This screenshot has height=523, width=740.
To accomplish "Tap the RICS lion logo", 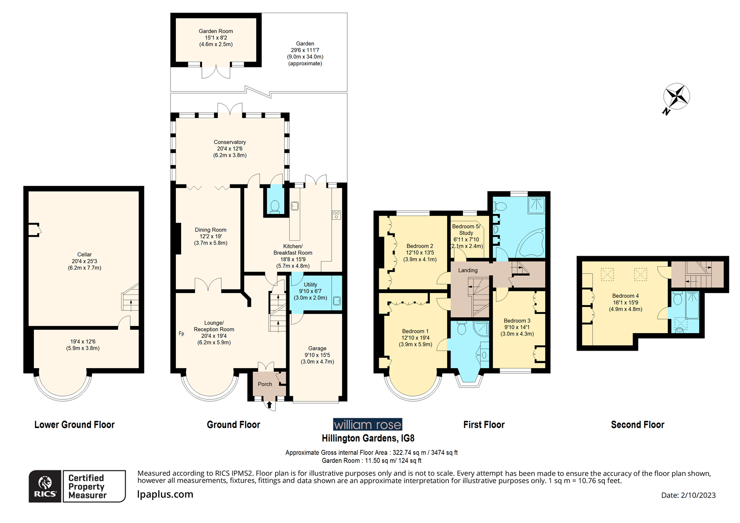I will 45,486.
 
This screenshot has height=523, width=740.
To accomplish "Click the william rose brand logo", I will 368,425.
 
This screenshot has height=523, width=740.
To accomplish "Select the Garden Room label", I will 216,31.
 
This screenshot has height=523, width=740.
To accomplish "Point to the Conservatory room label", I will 230,142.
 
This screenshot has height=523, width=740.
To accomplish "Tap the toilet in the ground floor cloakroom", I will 275,206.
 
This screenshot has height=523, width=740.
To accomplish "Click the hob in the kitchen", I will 336,215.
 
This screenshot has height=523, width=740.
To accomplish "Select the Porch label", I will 265,384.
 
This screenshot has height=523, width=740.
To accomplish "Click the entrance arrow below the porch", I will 269,404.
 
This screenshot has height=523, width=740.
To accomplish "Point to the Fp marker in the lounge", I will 182,334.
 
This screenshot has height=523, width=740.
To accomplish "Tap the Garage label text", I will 317,348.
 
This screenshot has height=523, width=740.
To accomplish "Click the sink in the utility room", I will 337,301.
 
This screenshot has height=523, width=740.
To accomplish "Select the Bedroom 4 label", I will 625,296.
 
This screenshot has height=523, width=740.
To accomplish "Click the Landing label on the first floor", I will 468,270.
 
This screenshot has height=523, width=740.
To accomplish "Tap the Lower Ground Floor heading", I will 75,425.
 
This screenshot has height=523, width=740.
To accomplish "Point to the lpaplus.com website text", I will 165,494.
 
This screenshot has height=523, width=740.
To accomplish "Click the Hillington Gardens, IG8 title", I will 368,438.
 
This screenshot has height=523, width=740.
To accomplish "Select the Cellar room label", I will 84,254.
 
